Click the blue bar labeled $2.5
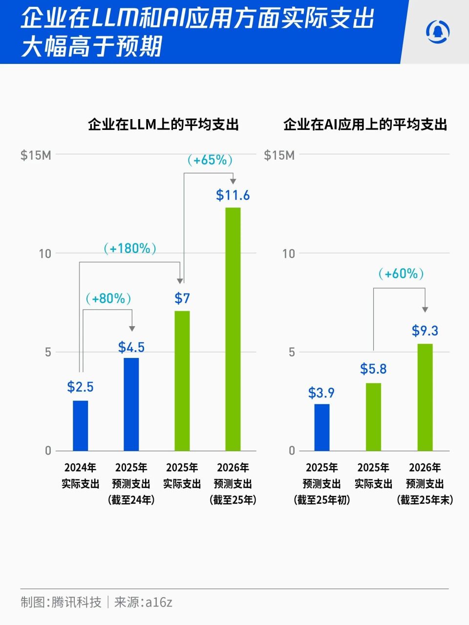point(80,425)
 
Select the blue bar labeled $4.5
point(131,404)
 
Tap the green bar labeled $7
point(182,380)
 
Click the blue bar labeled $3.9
point(321,427)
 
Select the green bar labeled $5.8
point(373,417)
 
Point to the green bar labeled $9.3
point(425,397)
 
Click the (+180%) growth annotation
point(130,249)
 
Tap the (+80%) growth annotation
point(108,298)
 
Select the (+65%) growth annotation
point(210,160)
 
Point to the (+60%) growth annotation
point(401,273)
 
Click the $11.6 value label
point(233,195)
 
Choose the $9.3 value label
point(425,331)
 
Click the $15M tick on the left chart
point(36,155)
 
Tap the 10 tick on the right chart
point(289,253)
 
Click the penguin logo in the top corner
point(437,32)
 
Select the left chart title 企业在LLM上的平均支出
point(163,125)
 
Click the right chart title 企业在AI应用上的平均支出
point(365,125)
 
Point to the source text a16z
point(159,602)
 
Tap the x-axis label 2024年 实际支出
point(80,476)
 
